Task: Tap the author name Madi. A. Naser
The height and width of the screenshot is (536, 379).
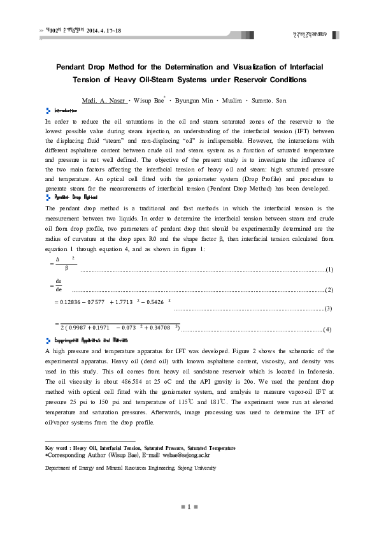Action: (x=104, y=101)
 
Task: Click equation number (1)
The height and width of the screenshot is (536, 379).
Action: (x=329, y=270)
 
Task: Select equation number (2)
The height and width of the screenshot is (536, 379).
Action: (x=329, y=290)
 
